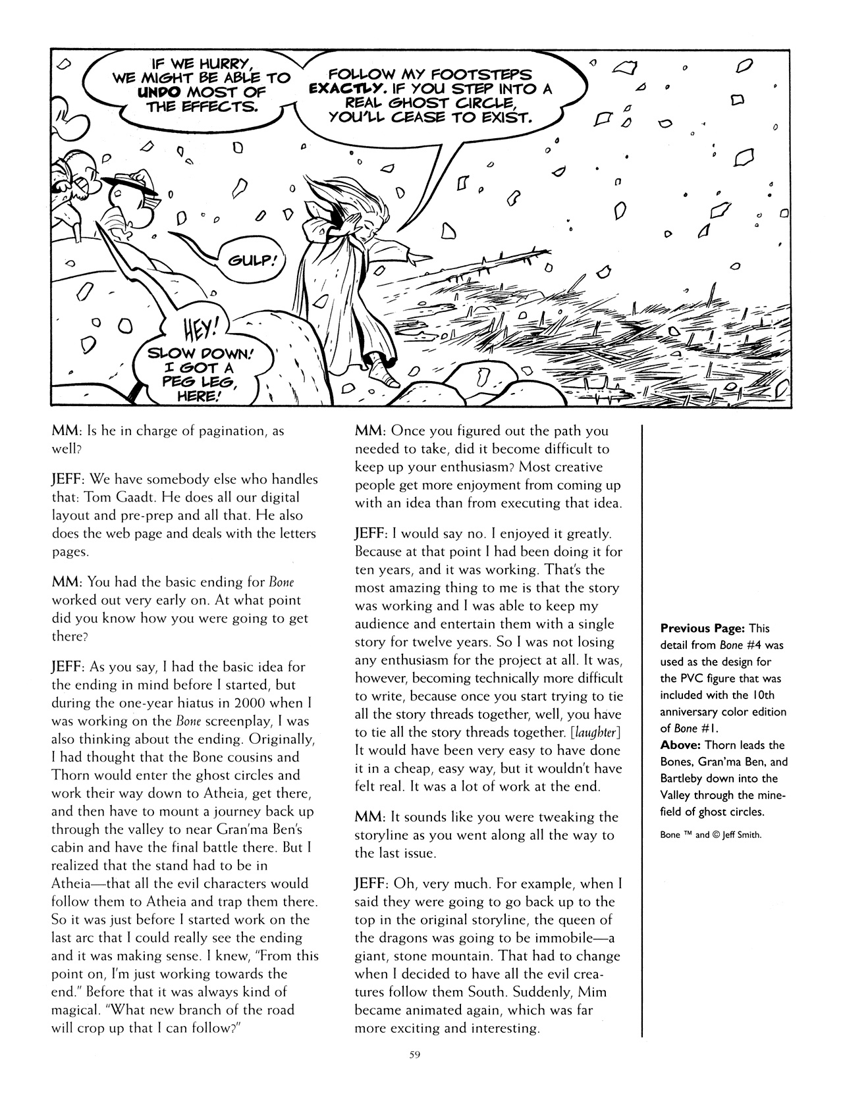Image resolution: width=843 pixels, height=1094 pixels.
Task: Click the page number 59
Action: click(x=414, y=1055)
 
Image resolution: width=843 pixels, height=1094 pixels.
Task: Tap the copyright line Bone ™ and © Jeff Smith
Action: click(x=710, y=835)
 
